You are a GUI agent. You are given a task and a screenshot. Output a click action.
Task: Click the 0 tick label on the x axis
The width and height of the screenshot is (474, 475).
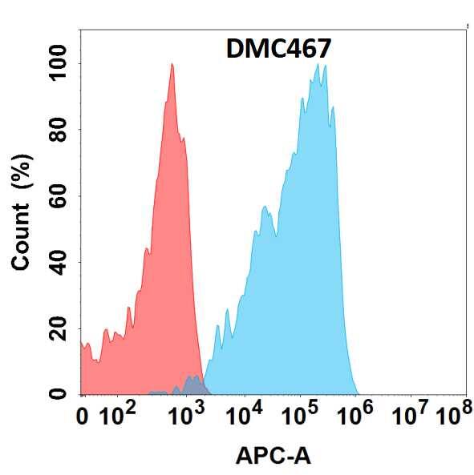[83, 417]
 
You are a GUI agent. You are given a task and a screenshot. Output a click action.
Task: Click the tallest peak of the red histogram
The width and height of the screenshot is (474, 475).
[172, 66]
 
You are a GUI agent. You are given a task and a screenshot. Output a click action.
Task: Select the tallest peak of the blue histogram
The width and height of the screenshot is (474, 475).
[319, 66]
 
